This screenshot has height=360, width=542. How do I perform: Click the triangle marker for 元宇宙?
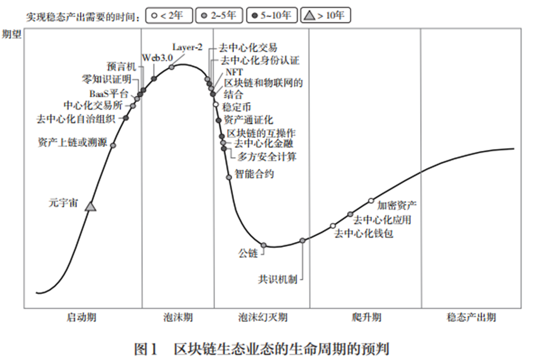click(91, 206)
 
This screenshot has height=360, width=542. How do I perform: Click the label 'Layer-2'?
click(187, 47)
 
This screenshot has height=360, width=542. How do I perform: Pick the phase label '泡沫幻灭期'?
click(263, 317)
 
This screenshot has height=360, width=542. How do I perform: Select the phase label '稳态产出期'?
click(471, 317)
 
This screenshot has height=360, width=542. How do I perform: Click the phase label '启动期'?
click(81, 317)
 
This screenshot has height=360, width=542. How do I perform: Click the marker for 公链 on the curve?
click(263, 245)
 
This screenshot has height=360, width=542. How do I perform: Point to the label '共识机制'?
click(278, 279)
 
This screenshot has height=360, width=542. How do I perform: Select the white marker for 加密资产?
click(371, 200)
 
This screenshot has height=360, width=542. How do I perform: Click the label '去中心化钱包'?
click(364, 233)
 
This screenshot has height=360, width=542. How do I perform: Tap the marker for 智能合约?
click(229, 177)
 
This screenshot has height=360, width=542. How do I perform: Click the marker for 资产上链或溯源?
click(113, 145)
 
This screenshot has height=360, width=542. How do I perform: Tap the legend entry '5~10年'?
click(272, 16)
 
